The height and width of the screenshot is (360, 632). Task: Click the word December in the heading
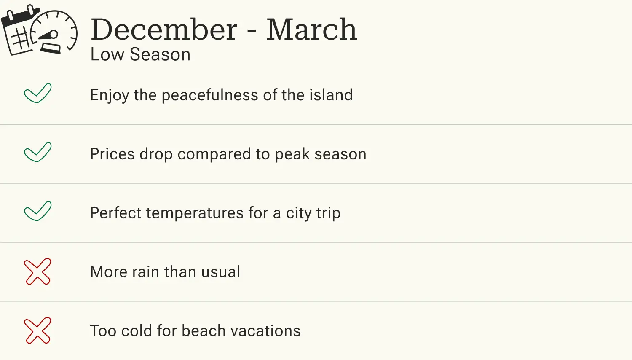click(x=164, y=30)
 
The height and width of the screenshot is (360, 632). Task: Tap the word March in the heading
click(x=311, y=30)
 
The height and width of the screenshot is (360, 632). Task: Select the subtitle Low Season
click(x=140, y=55)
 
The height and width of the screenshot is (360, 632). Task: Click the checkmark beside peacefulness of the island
click(x=37, y=93)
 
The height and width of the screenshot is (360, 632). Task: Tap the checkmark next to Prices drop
click(x=37, y=152)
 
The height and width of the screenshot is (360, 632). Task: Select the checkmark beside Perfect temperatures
click(x=37, y=211)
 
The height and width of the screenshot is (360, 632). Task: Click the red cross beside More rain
click(x=37, y=271)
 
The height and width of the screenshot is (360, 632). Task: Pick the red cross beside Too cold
click(x=37, y=330)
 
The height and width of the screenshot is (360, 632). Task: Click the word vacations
click(x=265, y=331)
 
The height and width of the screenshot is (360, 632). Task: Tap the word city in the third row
click(x=299, y=213)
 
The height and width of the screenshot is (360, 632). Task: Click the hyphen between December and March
click(x=252, y=31)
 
